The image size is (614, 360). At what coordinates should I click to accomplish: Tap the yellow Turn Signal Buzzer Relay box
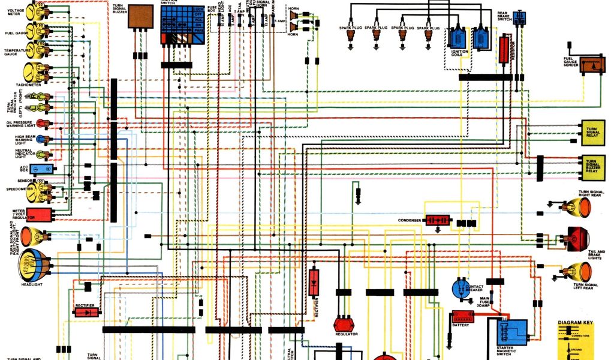591,166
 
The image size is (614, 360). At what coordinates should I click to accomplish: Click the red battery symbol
462,316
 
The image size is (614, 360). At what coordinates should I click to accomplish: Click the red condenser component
438,220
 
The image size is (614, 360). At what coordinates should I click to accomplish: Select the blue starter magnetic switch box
513,332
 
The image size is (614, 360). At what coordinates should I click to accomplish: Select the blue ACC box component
41,169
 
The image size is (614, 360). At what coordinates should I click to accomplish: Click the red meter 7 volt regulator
38,214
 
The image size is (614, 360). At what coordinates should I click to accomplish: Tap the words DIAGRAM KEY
575,323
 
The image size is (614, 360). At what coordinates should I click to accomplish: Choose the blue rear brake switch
519,18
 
